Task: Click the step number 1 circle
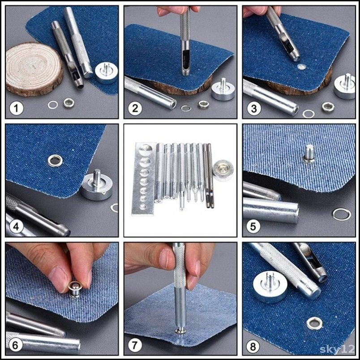[x=16, y=108]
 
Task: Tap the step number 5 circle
[x=253, y=227]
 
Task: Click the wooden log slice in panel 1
[x=34, y=69]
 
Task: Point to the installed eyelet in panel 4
[x=55, y=160]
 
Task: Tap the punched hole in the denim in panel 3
[x=301, y=67]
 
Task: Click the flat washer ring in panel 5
[x=342, y=214]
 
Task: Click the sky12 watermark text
[x=337, y=349]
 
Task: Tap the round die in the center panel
[x=223, y=170]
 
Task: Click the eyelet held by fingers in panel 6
[x=75, y=289]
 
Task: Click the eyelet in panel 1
[x=69, y=103]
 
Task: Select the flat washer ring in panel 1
[x=53, y=105]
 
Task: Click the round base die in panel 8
[x=270, y=286]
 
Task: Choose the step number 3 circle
[x=254, y=108]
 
